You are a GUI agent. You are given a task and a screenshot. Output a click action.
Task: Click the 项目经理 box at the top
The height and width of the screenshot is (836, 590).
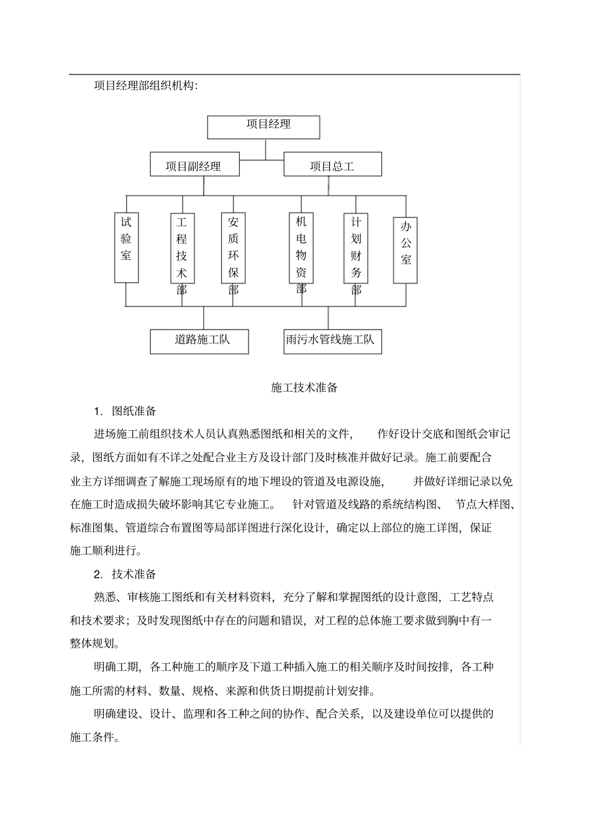[263, 127]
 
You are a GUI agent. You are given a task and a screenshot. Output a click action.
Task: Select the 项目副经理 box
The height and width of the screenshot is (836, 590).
[194, 165]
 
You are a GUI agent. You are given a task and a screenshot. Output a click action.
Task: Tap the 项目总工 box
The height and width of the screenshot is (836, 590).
[332, 165]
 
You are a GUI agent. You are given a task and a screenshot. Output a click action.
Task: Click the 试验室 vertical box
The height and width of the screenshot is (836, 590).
[126, 247]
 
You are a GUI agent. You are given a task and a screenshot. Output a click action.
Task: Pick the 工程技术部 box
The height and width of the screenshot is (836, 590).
[182, 248]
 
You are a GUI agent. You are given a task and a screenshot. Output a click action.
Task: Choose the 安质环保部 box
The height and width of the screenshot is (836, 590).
[234, 248]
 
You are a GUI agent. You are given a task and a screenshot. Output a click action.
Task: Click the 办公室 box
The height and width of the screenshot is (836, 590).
[406, 249]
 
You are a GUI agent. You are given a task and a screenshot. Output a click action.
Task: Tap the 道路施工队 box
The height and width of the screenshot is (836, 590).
[199, 341]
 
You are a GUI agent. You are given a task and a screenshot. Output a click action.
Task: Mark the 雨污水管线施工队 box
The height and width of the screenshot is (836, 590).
[332, 341]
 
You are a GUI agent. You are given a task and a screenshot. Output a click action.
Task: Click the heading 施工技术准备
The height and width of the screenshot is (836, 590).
[304, 388]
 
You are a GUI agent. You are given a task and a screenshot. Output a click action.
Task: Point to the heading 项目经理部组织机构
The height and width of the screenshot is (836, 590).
[146, 86]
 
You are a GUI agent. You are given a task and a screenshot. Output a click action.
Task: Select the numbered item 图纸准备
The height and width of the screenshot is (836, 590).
[134, 411]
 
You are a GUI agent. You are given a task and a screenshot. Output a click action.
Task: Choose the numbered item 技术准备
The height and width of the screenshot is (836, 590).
[134, 574]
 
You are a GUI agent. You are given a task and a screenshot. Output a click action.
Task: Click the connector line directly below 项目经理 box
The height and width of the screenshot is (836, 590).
[266, 149]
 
